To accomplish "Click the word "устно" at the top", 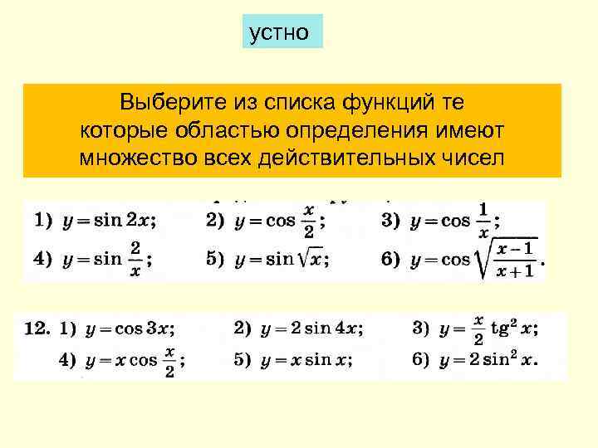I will click(279, 32).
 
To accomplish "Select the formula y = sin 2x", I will click(106, 222).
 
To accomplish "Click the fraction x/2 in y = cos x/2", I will click(309, 222).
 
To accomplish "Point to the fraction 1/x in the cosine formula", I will click(484, 222).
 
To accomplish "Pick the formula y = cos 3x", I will click(128, 329).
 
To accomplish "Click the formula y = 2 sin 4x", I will click(310, 329).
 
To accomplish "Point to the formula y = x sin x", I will click(306, 361).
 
